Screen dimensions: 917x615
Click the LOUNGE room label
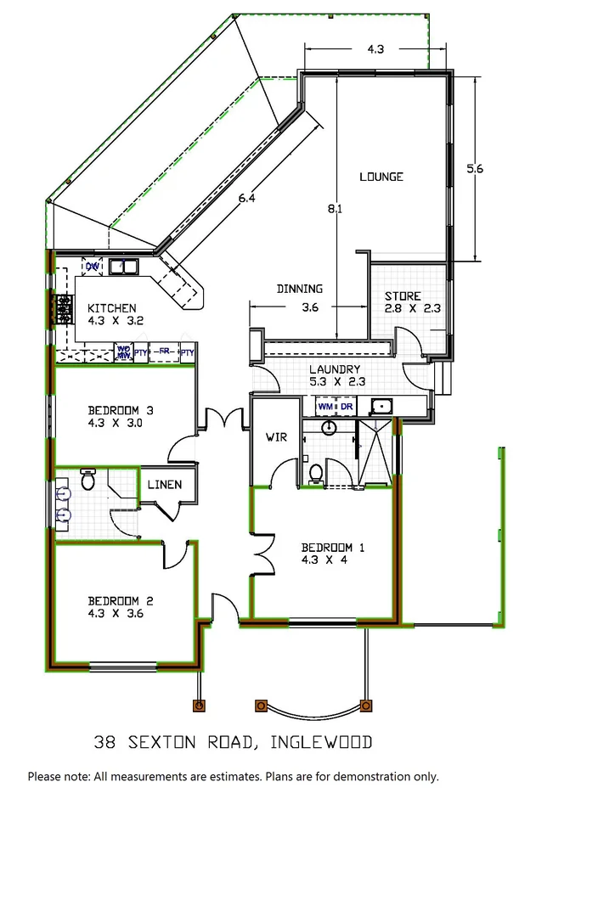point(381,177)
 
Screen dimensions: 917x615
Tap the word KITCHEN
point(111,308)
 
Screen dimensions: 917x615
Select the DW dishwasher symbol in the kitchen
point(93,267)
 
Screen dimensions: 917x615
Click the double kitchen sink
point(126,268)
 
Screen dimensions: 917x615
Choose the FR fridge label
point(164,352)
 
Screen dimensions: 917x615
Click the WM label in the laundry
point(326,407)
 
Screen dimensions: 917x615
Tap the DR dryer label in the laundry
point(346,407)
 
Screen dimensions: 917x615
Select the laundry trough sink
point(383,406)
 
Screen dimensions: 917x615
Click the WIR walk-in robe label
point(275,437)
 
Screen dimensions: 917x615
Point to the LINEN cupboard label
point(165,485)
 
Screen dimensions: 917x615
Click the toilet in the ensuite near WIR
point(315,471)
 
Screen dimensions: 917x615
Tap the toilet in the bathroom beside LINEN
point(87,481)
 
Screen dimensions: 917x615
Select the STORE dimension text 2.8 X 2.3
point(411,309)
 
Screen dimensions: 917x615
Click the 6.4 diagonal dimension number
point(247,199)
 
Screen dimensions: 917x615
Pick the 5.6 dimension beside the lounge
point(475,169)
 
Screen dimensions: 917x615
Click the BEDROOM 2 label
point(121,599)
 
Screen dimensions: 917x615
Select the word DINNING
point(299,289)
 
